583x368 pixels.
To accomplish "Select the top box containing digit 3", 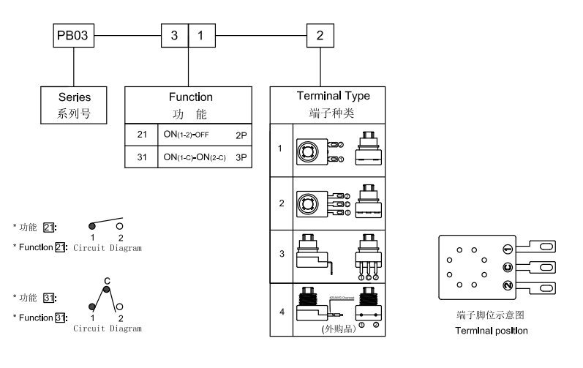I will (174, 36).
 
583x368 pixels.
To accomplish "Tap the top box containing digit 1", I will (202, 36).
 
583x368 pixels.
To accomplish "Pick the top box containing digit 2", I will (320, 36).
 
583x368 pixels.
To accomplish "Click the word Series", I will (75, 97).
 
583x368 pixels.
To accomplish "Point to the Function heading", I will (189, 97).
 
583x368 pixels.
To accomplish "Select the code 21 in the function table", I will (142, 135).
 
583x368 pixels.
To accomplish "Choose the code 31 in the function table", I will (142, 156).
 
